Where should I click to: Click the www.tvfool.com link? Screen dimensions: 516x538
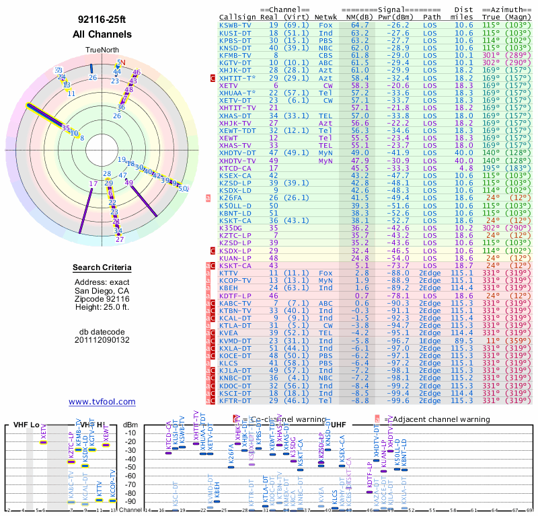[x=102, y=402]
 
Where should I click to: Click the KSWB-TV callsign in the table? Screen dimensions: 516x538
[x=236, y=25]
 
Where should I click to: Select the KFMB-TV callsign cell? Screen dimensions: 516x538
[x=236, y=56]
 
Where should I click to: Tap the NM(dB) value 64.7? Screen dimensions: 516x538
[x=360, y=25]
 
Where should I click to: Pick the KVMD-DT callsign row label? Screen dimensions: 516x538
[x=236, y=341]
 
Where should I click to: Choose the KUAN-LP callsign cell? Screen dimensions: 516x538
[x=236, y=258]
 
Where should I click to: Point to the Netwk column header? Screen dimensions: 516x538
[x=326, y=16]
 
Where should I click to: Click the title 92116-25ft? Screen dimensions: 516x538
[x=102, y=19]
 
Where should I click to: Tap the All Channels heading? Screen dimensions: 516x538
[x=102, y=34]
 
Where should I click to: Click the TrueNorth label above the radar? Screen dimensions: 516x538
[x=102, y=50]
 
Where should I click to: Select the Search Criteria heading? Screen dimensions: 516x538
[x=102, y=268]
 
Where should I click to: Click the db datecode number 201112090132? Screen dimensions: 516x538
[x=102, y=340]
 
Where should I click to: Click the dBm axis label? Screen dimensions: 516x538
[x=129, y=424]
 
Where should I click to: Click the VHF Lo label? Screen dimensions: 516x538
[x=26, y=425]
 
